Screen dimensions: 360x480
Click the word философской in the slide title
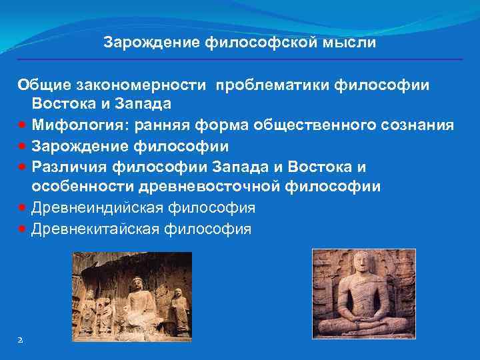pos(257,43)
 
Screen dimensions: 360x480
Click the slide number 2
pos(20,339)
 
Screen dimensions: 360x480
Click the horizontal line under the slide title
pos(240,59)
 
